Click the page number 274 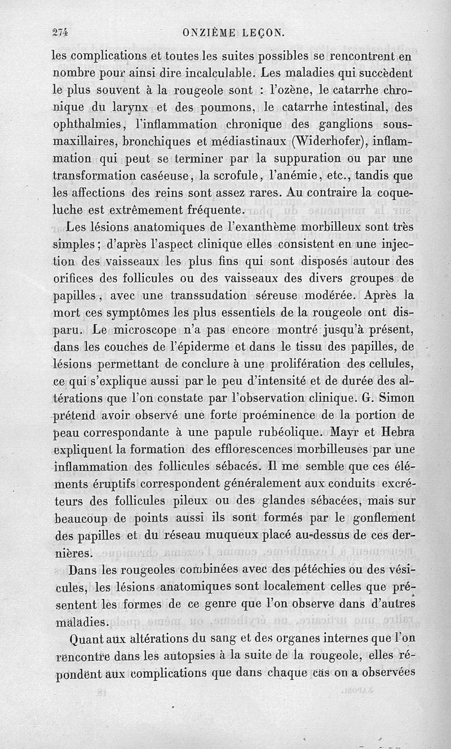pyautogui.click(x=59, y=33)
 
